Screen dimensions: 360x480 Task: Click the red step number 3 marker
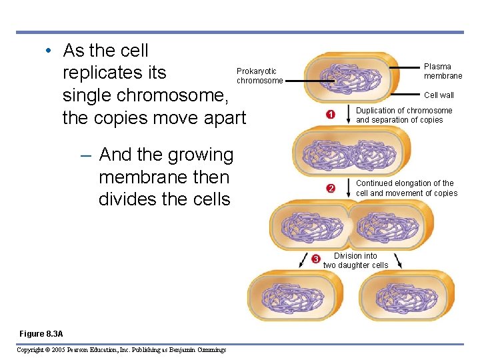[x=316, y=259]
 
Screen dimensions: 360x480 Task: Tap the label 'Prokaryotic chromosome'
[x=259, y=76]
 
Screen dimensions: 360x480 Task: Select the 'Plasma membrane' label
[x=443, y=71]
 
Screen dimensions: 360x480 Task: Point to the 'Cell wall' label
[x=439, y=95]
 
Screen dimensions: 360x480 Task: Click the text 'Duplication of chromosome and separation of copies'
[x=403, y=115]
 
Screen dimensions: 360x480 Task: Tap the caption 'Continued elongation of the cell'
[x=406, y=188]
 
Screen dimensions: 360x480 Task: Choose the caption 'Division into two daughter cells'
[x=355, y=261]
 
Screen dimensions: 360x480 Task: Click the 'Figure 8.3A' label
[x=41, y=333]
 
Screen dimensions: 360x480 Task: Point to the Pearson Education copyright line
[x=121, y=350]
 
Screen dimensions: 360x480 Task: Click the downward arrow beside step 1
[x=347, y=115]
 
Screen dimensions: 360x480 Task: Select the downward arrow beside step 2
[x=347, y=187]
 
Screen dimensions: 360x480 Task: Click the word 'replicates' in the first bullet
[x=114, y=73]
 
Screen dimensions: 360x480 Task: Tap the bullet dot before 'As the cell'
[x=49, y=51]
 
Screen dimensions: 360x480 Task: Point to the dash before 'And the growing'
[x=85, y=155]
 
